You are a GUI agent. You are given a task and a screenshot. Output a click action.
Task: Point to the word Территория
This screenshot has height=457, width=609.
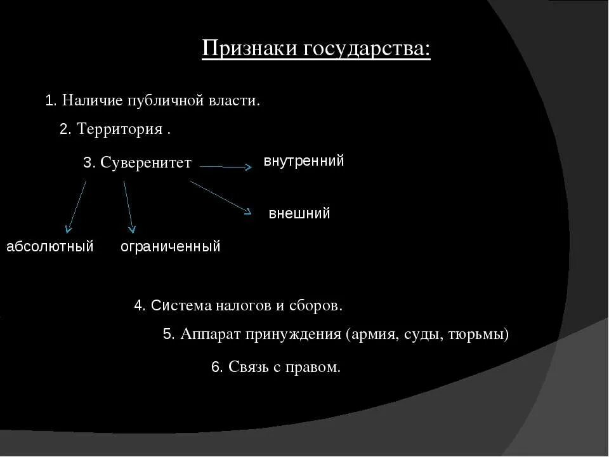tap(120, 129)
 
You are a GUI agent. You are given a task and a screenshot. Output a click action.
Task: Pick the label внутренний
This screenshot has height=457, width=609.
tap(304, 161)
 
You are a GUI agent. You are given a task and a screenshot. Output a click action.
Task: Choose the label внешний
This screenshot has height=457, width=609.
tap(299, 213)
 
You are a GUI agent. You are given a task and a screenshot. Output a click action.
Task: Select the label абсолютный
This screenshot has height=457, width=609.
tap(50, 246)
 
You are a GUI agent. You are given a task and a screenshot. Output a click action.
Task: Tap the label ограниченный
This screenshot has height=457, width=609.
tap(171, 246)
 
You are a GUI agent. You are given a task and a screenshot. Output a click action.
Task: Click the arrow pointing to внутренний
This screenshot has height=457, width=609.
tap(225, 167)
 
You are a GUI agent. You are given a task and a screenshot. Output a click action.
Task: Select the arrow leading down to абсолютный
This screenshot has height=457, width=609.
tap(77, 207)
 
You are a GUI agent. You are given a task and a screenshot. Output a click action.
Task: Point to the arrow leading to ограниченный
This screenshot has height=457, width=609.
tap(128, 207)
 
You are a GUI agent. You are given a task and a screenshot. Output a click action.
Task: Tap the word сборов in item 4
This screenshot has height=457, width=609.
tap(318, 305)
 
